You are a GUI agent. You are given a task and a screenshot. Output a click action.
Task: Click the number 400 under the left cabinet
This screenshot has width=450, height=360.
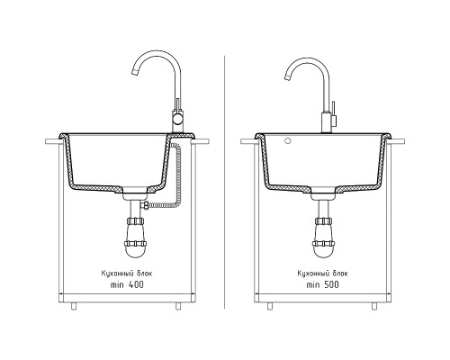(x=136, y=284)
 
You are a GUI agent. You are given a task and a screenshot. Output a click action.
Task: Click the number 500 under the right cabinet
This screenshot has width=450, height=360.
(x=331, y=284)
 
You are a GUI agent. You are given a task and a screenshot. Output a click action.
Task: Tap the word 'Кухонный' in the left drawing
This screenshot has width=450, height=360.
(x=114, y=274)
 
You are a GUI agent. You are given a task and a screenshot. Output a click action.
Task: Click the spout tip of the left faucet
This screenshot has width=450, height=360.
(x=135, y=72)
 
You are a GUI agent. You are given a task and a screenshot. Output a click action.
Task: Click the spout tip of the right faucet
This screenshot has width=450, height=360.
(x=288, y=77)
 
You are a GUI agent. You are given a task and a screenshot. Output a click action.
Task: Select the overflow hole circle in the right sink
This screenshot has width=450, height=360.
(x=288, y=141)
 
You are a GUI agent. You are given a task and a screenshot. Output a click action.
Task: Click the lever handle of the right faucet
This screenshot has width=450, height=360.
(x=333, y=114)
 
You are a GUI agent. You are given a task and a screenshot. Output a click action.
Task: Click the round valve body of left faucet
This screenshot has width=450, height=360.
(x=177, y=121)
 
